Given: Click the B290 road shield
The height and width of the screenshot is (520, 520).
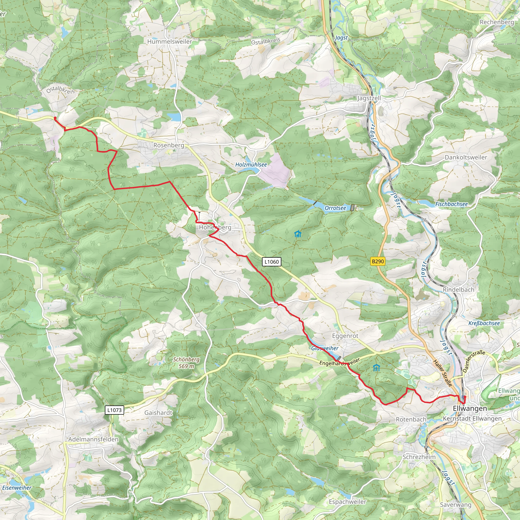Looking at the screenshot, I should pyautogui.click(x=378, y=261).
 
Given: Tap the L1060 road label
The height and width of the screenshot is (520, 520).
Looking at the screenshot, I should pyautogui.click(x=272, y=262).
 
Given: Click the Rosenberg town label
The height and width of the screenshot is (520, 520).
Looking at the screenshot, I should pyautogui.click(x=169, y=145).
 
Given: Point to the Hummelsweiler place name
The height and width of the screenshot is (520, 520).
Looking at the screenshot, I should pyautogui.click(x=169, y=42).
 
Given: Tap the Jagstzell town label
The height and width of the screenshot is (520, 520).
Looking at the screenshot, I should pyautogui.click(x=369, y=98).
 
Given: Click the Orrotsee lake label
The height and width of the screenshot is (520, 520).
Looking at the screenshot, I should pyautogui.click(x=335, y=208).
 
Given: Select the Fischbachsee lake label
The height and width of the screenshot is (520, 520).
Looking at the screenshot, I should pyautogui.click(x=451, y=204).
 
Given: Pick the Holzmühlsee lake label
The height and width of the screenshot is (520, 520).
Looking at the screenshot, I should pyautogui.click(x=251, y=165).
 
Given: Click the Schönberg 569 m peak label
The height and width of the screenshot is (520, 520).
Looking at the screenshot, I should pyautogui.click(x=186, y=363).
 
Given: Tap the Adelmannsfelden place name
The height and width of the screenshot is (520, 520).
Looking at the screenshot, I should pyautogui.click(x=93, y=439).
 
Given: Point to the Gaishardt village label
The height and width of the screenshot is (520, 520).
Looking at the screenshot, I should pyautogui.click(x=158, y=413).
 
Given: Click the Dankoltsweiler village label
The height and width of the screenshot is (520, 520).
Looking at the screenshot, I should pyautogui.click(x=466, y=157).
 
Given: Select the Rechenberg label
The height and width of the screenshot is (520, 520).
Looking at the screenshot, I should pyautogui.click(x=497, y=22).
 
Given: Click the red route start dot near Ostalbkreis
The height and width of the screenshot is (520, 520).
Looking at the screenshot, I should pyautogui.click(x=55, y=118).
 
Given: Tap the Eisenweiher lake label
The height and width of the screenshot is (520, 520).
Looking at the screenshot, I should pyautogui.click(x=17, y=488).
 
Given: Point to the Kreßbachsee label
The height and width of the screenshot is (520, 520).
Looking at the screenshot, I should pyautogui.click(x=484, y=323).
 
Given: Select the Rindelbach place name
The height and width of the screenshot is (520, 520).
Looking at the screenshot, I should pyautogui.click(x=459, y=290).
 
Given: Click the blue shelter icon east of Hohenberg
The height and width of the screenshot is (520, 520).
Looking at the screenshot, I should pyautogui.click(x=297, y=234).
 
